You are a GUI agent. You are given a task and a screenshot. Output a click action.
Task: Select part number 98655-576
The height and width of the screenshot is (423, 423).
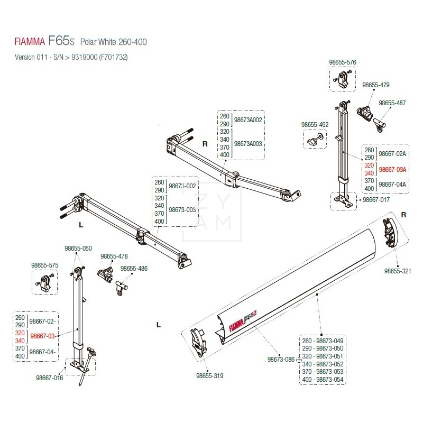343,62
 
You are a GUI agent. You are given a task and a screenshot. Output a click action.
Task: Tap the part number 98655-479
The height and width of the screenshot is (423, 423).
376,85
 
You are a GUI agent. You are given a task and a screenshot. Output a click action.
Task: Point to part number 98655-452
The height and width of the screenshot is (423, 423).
315,125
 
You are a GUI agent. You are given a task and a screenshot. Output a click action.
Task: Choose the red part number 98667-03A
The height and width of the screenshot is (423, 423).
393,169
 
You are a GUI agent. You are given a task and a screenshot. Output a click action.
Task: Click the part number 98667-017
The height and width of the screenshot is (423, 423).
376,200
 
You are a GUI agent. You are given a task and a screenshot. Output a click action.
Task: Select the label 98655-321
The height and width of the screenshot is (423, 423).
397,271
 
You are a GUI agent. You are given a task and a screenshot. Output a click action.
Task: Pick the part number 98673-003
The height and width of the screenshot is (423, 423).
182,210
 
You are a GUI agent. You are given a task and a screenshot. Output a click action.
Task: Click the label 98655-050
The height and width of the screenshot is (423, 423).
78,248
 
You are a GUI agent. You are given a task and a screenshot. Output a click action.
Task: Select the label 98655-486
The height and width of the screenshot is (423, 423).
134,269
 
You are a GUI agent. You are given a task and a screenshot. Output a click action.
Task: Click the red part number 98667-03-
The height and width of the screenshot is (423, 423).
43,336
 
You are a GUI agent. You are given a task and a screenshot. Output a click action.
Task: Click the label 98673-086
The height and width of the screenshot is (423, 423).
281,359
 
